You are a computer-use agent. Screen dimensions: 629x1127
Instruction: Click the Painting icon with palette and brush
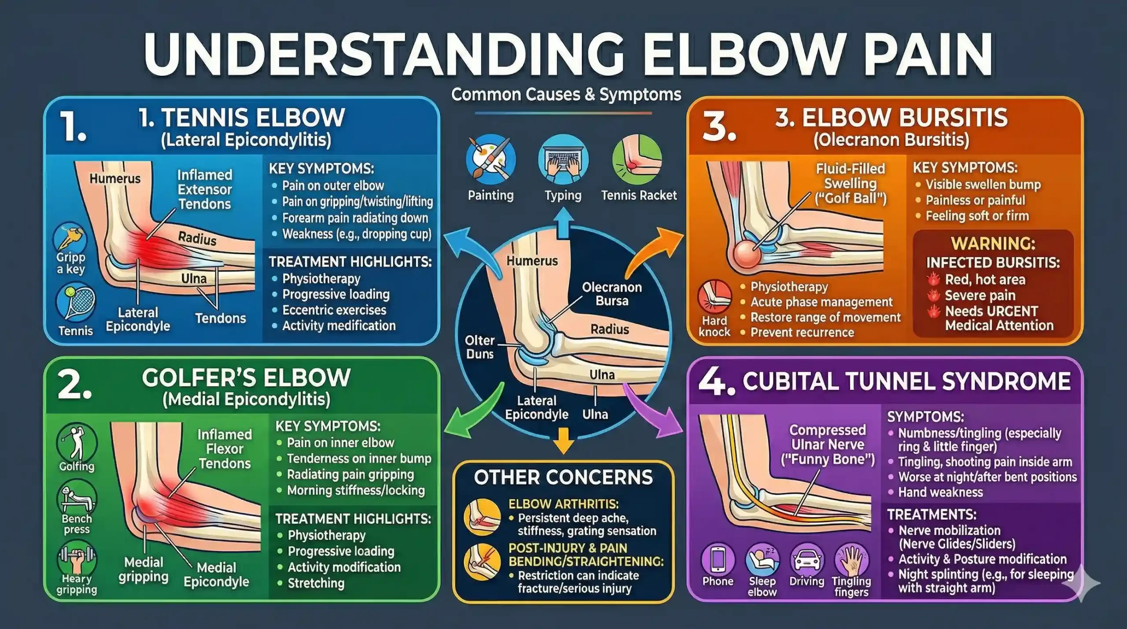pos(490,159)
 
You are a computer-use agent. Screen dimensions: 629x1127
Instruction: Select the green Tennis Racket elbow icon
pos(637,159)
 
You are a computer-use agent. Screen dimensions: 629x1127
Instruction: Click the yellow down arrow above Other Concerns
pos(563,445)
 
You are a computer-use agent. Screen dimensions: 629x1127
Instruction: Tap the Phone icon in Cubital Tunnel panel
pos(718,559)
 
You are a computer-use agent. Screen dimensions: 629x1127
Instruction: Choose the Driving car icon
pos(807,559)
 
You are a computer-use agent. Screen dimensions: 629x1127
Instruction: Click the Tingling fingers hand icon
pos(852,559)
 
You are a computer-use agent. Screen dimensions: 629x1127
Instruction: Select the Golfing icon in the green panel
pos(77,442)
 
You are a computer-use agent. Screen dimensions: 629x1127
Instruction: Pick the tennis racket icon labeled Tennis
pos(76,304)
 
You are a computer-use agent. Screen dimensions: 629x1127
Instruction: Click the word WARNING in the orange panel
pos(993,243)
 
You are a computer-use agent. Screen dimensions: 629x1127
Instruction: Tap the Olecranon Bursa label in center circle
pos(611,294)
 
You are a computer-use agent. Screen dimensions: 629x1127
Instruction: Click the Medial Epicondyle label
pos(216,574)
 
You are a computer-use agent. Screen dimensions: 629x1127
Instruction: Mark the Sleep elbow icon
pos(762,559)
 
